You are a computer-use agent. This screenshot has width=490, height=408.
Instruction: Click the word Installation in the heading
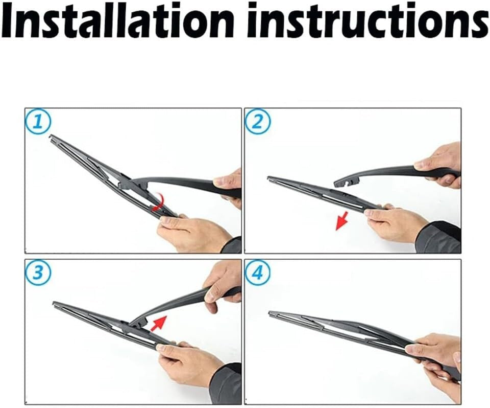tap(118, 20)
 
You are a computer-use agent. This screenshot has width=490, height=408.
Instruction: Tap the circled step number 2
tap(258, 123)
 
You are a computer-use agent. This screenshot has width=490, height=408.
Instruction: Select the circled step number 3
tap(38, 274)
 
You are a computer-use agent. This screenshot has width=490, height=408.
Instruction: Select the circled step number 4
tap(258, 275)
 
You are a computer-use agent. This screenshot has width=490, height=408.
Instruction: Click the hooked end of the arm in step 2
tap(343, 181)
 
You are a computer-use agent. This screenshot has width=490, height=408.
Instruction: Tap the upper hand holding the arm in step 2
tap(440, 163)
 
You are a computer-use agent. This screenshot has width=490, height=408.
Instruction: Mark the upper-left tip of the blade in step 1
tap(52, 137)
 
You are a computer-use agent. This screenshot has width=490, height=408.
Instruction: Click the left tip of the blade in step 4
tap(271, 313)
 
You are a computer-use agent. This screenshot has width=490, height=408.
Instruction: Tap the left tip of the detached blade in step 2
tap(269, 178)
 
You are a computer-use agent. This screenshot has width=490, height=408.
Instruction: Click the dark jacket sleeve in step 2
tap(440, 238)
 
